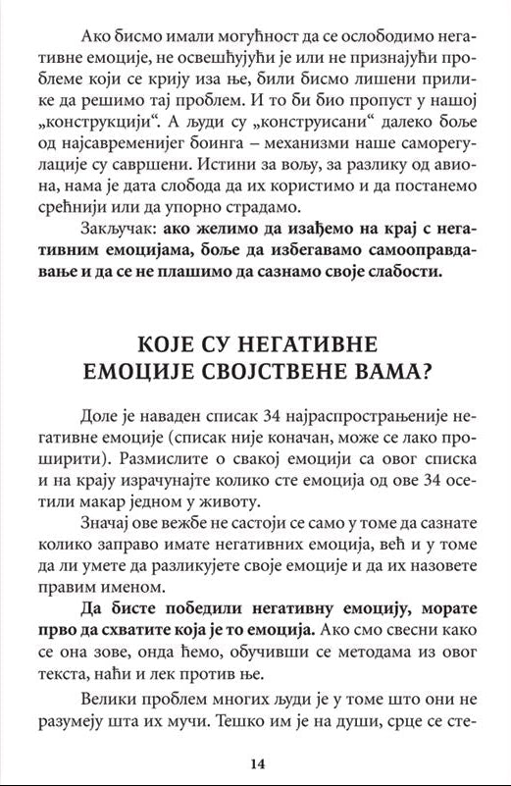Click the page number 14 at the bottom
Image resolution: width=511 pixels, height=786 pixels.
click(x=257, y=763)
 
